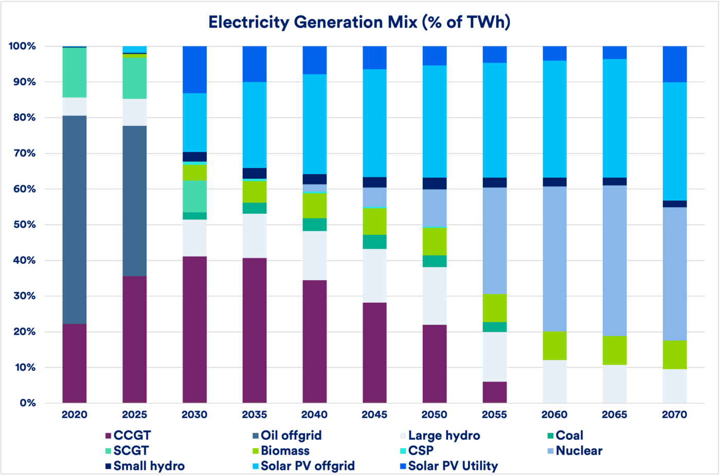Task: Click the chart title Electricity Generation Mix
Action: point(359,23)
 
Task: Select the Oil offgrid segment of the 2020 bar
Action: point(75,219)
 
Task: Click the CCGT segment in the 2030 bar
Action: point(195,329)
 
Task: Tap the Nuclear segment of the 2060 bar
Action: point(554,259)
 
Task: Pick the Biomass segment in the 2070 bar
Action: point(675,355)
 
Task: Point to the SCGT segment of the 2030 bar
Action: point(195,196)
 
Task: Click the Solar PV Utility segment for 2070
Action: point(675,64)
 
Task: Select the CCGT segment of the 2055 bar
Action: point(495,392)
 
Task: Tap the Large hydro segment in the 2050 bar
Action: point(435,296)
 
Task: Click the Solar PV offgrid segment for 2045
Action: point(374,123)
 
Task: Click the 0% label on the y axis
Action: point(28,403)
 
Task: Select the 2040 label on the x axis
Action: point(314,415)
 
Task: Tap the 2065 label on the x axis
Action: point(615,415)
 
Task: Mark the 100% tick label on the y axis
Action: point(22,46)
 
